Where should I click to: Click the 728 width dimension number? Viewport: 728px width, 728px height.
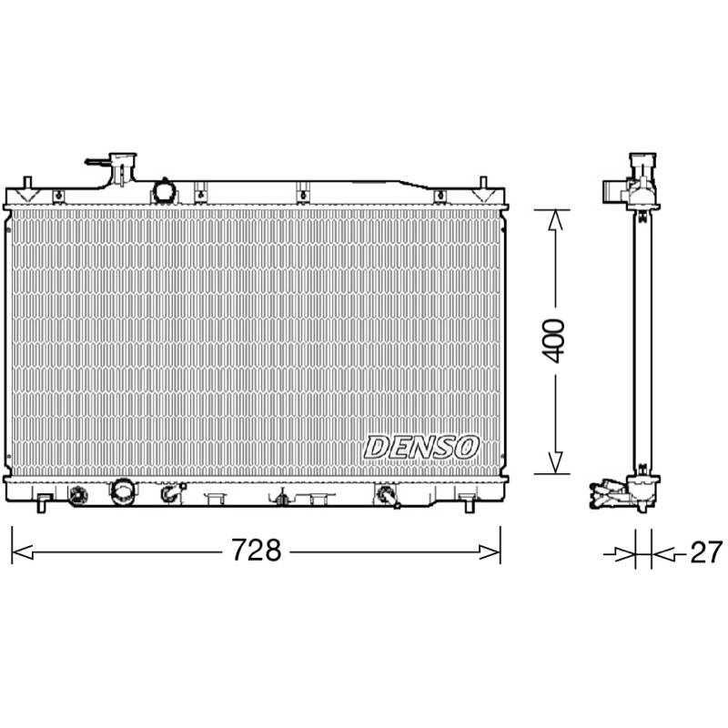click(257, 551)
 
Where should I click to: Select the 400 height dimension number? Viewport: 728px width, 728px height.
click(554, 340)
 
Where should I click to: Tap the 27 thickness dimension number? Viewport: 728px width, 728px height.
click(706, 552)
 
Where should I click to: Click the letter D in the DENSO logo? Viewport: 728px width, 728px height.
click(377, 448)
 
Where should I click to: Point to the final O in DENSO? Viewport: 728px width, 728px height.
click(466, 447)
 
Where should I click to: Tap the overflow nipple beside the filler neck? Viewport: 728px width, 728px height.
click(97, 162)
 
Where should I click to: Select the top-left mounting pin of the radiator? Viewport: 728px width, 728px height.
click(27, 183)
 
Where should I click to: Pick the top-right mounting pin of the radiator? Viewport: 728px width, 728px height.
click(483, 183)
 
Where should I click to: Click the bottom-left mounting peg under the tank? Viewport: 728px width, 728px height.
click(42, 504)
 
